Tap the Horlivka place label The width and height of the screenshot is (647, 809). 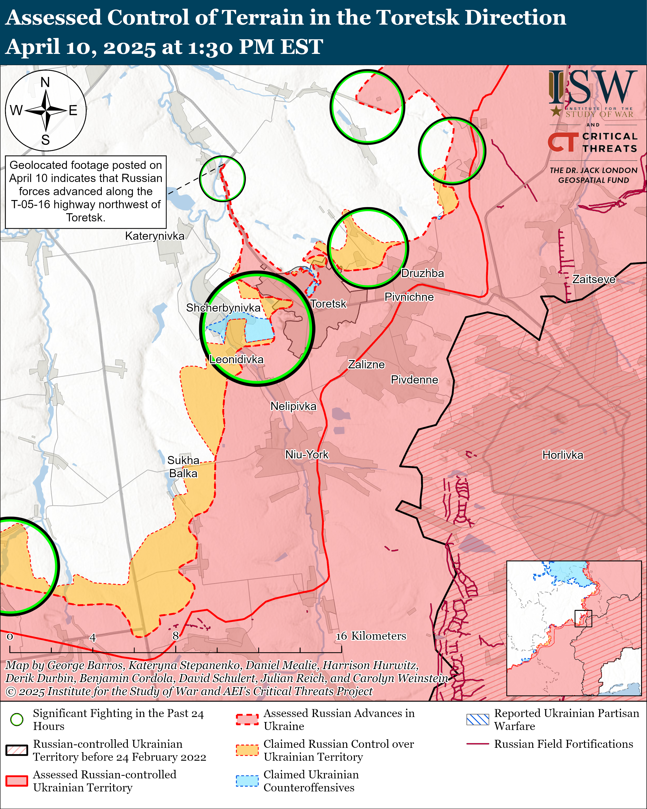(563, 455)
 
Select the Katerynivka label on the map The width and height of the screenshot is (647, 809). (155, 236)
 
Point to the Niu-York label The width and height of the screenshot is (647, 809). (307, 455)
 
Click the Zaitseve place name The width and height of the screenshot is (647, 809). (593, 279)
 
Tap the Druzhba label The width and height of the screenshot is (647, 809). (422, 274)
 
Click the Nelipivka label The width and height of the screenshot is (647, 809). (293, 406)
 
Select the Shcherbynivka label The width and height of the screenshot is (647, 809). (223, 308)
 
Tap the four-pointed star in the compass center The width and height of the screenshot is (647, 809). (46, 111)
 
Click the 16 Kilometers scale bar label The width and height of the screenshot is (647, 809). (371, 636)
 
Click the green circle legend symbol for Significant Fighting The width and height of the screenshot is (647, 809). (17, 719)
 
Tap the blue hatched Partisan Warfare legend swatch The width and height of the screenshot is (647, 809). (477, 719)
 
